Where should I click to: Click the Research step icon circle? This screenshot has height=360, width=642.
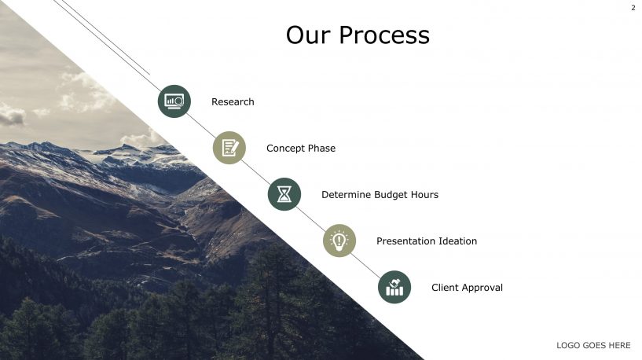[x=174, y=101]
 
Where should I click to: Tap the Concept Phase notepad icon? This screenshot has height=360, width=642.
[x=229, y=148]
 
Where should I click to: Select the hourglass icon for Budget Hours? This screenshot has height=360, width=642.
[x=284, y=194]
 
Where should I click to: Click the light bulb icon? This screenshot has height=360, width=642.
[x=339, y=241]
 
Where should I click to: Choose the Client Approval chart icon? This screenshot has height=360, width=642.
[x=394, y=287]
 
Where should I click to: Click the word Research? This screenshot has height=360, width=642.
[x=233, y=102]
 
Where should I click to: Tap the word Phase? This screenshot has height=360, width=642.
[x=322, y=149]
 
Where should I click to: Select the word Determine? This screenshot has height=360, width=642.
[x=346, y=195]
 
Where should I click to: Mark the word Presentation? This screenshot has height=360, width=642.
[x=409, y=241]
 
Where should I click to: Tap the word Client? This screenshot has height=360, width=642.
[x=445, y=288]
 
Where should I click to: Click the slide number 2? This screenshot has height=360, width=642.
[x=633, y=8]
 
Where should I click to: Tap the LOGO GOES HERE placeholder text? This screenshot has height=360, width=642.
[x=593, y=346]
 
